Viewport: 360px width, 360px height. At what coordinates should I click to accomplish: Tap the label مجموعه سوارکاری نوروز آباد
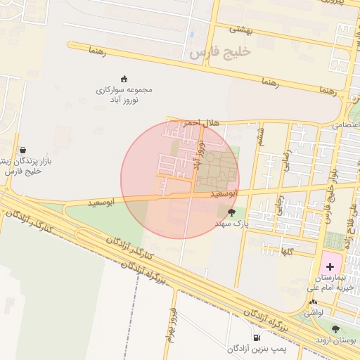124,95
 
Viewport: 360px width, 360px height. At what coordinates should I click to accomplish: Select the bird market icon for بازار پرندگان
23,150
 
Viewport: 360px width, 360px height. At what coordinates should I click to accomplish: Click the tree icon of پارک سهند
232,211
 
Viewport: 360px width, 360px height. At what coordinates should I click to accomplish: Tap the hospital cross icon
330,266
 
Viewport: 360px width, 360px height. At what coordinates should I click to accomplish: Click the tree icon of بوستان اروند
335,328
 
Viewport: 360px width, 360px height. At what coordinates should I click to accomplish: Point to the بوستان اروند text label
336,340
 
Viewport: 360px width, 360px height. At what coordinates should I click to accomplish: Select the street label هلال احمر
202,123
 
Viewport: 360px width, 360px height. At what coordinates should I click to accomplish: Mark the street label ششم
262,132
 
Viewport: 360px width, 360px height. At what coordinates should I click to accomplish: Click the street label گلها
287,251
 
